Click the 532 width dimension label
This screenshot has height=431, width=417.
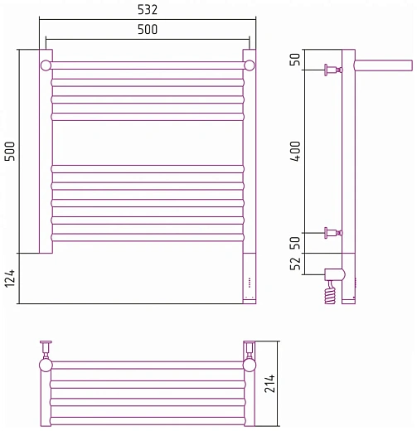[148, 10]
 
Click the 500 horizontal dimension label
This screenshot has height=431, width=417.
[148, 30]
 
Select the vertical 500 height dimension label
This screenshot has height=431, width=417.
[10, 151]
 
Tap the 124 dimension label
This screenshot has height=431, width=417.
[10, 278]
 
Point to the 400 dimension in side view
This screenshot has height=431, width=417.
[295, 151]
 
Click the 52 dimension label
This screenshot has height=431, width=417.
[295, 264]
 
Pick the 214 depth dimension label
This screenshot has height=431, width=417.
[269, 384]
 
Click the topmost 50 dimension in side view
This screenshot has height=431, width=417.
[295, 59]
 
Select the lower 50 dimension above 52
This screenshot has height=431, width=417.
[295, 243]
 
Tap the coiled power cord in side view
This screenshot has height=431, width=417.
[330, 293]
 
